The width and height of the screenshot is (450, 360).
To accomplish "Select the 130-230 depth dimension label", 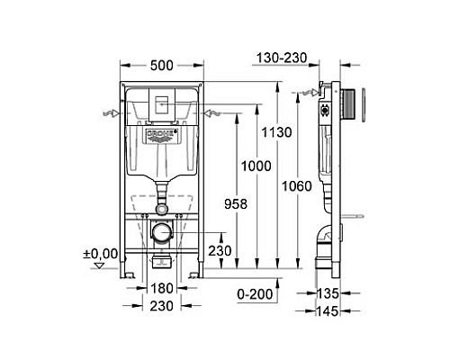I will pos(282,58).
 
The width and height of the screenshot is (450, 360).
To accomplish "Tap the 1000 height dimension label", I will pos(256,166).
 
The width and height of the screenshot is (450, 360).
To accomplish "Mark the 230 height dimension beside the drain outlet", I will pos(219,252).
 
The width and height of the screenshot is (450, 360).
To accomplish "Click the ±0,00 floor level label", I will pos(102,254).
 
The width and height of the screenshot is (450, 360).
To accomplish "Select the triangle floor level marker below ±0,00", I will pos(100,267).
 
